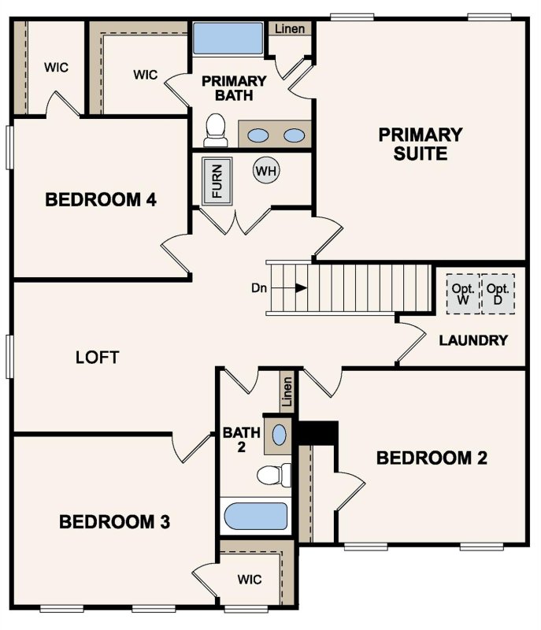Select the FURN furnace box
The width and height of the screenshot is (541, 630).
(x=217, y=181)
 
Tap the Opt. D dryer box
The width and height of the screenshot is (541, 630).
(x=498, y=295)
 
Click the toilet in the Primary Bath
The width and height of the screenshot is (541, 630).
(x=216, y=131)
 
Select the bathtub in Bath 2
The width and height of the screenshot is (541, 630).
(x=256, y=518)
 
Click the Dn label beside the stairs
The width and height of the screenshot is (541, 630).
(x=259, y=287)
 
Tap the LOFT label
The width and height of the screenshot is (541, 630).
(x=97, y=358)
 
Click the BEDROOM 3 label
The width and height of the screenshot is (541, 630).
(x=116, y=521)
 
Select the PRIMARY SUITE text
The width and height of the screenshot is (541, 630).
(x=421, y=143)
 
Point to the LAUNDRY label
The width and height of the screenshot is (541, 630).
(x=472, y=340)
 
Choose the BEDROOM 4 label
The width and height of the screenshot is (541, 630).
(x=101, y=200)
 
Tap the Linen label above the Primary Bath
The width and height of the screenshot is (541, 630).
(x=291, y=29)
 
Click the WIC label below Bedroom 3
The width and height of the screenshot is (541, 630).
(x=250, y=579)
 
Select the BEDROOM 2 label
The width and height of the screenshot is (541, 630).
(x=432, y=458)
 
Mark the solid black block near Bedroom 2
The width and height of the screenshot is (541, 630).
(x=318, y=432)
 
